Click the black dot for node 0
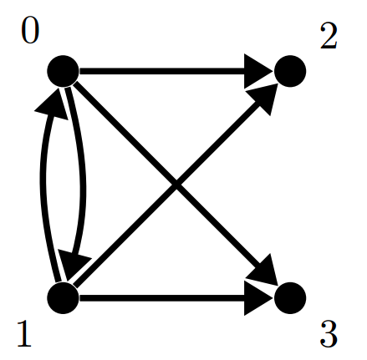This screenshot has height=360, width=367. (64, 71)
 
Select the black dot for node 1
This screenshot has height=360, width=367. (64, 298)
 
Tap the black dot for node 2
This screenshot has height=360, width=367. (290, 71)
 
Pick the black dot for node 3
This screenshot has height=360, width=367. (290, 298)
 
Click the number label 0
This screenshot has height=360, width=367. (30, 33)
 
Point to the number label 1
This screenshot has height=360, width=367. (24, 333)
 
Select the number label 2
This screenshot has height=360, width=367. (329, 36)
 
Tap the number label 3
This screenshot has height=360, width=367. (329, 334)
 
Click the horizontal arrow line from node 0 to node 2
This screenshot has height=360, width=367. (176, 71)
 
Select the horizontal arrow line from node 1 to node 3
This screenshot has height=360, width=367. (176, 298)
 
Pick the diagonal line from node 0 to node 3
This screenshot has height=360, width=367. (176, 185)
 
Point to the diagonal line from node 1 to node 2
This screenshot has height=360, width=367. (176, 185)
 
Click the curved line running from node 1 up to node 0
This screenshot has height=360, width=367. (43, 184)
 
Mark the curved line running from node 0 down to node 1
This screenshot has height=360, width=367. (83, 184)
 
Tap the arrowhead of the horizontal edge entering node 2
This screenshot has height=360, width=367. (258, 71)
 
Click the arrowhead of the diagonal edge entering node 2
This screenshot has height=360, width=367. (263, 99)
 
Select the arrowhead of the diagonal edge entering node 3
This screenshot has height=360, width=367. (263, 271)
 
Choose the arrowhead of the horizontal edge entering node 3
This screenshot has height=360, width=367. (258, 298)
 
